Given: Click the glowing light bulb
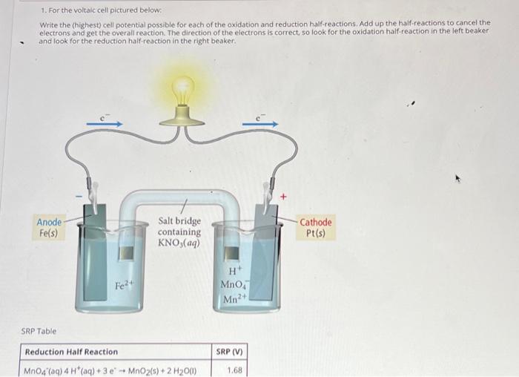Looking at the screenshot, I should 182,90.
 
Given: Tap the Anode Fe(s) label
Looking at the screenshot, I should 49,228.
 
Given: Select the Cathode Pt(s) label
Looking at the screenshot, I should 315,228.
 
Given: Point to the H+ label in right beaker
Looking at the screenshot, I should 234,271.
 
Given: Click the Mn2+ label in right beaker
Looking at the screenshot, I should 234,299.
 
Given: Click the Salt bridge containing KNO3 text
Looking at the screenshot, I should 179,232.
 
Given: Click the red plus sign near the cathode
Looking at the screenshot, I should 282,197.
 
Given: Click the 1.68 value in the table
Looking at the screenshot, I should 234,370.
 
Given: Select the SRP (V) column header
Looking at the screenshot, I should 231,352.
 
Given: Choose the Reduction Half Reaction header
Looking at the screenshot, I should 71,352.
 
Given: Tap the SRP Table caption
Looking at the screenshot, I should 38,331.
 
